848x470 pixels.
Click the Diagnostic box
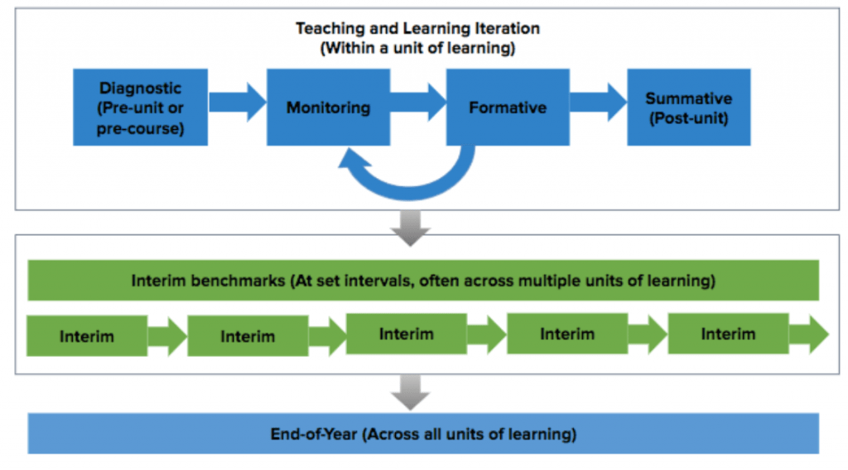click(x=140, y=107)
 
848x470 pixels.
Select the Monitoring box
click(x=328, y=107)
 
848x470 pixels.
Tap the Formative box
click(x=508, y=107)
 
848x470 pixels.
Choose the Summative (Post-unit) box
click(x=688, y=107)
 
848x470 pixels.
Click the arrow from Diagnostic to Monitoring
click(x=237, y=103)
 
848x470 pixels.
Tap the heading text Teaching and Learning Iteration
click(x=418, y=29)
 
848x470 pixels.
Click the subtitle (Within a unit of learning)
click(x=418, y=48)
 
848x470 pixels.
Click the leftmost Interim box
click(x=87, y=336)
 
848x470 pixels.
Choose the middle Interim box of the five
click(x=406, y=334)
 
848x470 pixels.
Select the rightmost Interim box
click(x=728, y=334)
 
